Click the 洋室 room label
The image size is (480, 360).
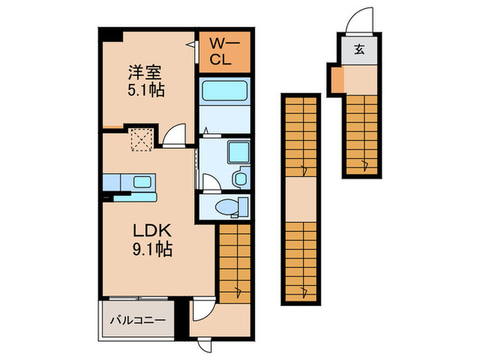click(x=145, y=71)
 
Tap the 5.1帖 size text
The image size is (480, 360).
click(x=145, y=90)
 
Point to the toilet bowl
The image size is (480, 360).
click(x=226, y=206)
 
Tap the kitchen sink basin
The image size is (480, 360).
click(x=143, y=182)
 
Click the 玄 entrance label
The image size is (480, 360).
click(x=359, y=50)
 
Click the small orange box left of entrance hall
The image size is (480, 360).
click(x=336, y=80)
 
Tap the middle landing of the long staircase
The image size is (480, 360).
click(x=301, y=200)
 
